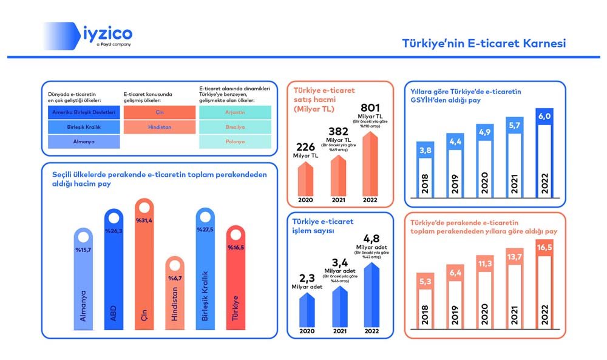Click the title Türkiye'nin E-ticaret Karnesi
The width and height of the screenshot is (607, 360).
tap(484, 44)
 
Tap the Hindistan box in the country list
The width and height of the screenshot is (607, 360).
tap(158, 127)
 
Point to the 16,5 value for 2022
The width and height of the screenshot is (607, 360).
tap(544, 248)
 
